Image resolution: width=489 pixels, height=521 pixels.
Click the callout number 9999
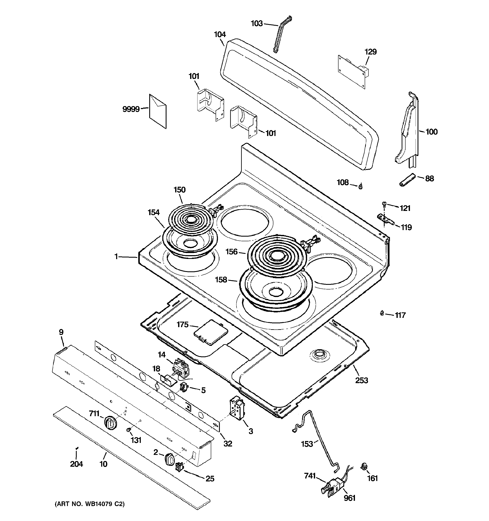131,109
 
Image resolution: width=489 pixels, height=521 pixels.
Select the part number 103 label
257,24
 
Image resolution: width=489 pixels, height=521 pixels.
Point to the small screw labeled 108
360,186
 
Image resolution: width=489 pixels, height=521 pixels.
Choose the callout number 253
361,380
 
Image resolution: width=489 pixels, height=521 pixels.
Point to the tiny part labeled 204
77,448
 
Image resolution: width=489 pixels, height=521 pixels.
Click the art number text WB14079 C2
89,504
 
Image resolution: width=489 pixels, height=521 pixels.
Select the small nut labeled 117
382,313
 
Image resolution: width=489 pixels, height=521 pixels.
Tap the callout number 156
231,252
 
